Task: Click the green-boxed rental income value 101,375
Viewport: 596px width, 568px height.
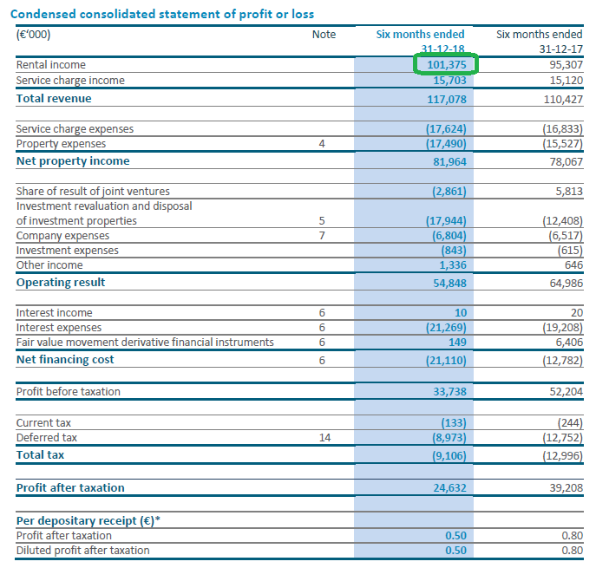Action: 446,64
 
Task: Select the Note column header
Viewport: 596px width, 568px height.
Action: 324,35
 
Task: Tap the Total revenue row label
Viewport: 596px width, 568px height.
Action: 54,98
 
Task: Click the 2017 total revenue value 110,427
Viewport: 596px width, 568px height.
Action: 563,99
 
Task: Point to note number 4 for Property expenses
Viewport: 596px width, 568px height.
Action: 322,144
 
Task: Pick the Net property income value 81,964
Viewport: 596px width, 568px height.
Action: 449,162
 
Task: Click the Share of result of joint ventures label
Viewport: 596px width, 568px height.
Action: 93,191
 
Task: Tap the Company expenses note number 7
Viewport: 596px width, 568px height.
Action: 322,236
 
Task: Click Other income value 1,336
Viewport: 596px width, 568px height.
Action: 453,264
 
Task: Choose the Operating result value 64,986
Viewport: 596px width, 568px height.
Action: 566,283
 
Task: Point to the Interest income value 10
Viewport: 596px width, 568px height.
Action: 461,313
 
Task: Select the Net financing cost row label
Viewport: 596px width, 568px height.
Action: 65,359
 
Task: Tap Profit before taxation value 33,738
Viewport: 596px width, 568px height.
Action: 449,392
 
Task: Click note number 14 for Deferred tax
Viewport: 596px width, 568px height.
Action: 325,438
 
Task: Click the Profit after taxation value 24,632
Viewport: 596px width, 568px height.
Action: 449,488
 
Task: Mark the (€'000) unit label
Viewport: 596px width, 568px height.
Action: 33,35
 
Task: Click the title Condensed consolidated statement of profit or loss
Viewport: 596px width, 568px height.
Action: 162,14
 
